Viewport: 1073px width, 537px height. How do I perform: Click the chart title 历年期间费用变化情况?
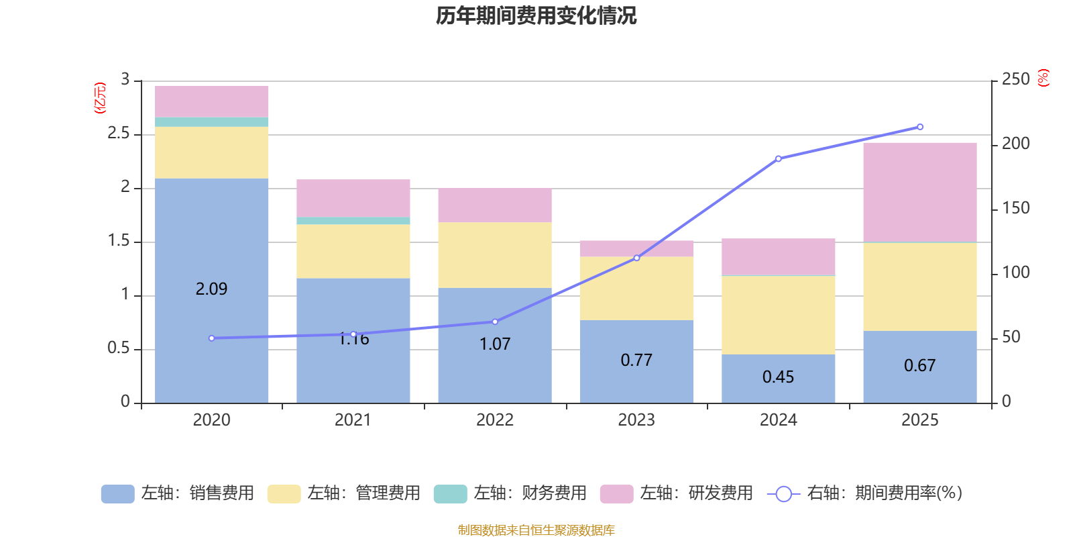[536, 15]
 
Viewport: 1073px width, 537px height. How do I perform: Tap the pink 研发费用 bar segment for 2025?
[919, 191]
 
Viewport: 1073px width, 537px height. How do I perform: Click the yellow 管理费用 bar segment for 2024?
[778, 314]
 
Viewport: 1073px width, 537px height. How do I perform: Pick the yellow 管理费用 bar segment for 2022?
[495, 255]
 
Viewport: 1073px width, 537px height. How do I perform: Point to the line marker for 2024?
[778, 159]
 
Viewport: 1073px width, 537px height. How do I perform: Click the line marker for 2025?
[919, 127]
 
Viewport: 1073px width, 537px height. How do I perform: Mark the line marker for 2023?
[636, 258]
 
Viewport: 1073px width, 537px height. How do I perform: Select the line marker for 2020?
[212, 338]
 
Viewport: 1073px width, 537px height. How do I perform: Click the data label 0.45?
[778, 377]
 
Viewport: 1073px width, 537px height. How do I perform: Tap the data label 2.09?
[212, 289]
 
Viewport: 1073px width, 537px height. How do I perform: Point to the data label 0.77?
[636, 360]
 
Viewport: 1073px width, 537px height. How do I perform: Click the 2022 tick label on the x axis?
[495, 420]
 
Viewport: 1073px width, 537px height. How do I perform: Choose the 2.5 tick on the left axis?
[119, 134]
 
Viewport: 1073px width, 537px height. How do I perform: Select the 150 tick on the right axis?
[1015, 208]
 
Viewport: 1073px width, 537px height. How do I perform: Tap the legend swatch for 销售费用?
[117, 494]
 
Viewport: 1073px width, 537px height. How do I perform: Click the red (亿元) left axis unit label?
[100, 98]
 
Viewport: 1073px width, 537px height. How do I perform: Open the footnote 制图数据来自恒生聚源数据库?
[536, 530]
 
